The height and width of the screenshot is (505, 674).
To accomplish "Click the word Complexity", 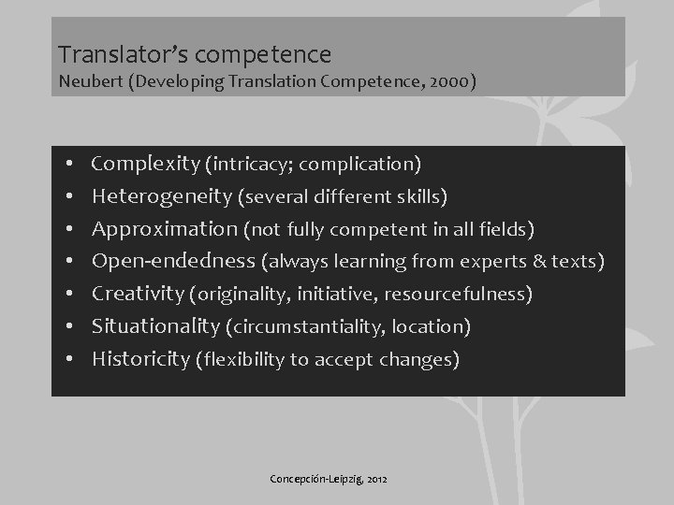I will (145, 165).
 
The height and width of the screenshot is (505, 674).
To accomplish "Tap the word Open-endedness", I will (172, 261).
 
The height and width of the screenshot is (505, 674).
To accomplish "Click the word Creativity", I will (137, 295).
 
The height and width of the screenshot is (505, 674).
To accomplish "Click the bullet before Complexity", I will (71, 166).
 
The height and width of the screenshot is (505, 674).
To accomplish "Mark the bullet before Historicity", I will (71, 360).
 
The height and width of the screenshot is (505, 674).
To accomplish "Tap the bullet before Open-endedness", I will (71, 263).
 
